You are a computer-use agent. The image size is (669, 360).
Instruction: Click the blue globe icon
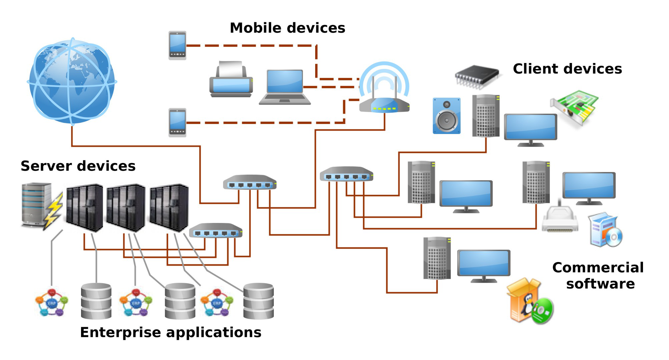(72, 81)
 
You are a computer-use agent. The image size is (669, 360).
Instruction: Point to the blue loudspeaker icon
(447, 116)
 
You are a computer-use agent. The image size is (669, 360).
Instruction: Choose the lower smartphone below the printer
(177, 123)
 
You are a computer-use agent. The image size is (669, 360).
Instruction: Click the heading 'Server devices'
(78, 166)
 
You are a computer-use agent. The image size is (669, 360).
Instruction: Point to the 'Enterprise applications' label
(171, 332)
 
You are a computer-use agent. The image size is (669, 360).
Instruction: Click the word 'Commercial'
(598, 268)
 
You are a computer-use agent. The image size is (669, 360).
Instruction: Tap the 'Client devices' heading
(567, 69)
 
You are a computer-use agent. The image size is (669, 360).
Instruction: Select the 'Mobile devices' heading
(287, 28)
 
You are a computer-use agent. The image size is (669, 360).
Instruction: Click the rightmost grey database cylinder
(258, 301)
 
